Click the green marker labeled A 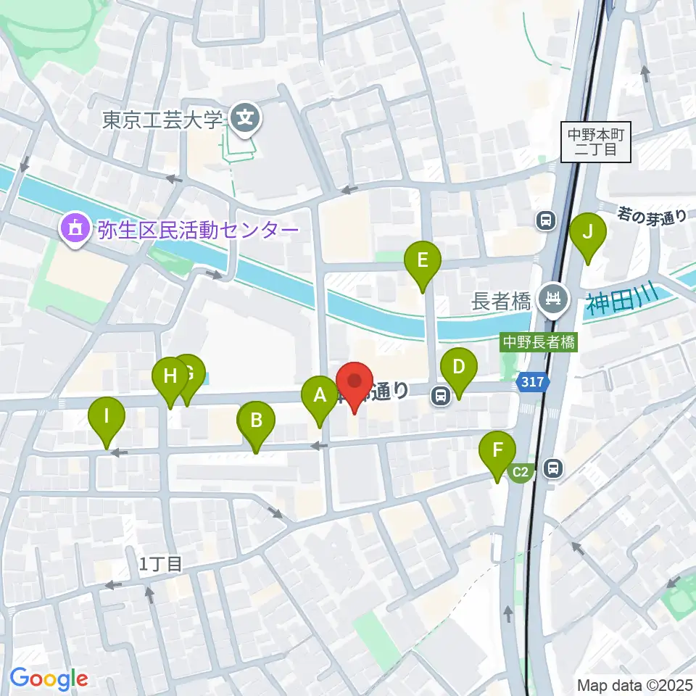pyautogui.click(x=319, y=397)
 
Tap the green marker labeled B pyautogui.click(x=257, y=421)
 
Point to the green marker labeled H pyautogui.click(x=170, y=377)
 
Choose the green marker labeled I pyautogui.click(x=107, y=418)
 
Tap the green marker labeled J pyautogui.click(x=588, y=233)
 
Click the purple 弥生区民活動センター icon pyautogui.click(x=73, y=229)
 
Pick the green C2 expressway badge pyautogui.click(x=521, y=473)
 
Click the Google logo pyautogui.click(x=49, y=679)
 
